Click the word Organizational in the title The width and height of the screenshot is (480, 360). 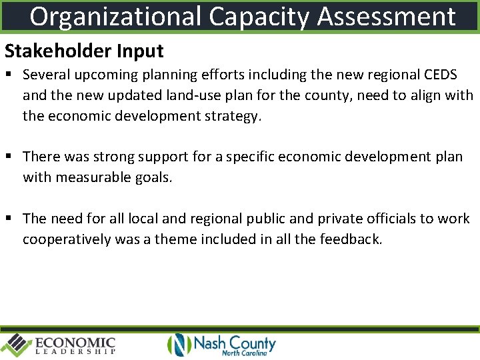[115, 17]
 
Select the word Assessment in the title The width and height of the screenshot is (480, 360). [386, 17]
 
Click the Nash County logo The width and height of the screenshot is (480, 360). [221, 345]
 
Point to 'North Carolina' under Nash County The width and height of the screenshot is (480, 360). [244, 353]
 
